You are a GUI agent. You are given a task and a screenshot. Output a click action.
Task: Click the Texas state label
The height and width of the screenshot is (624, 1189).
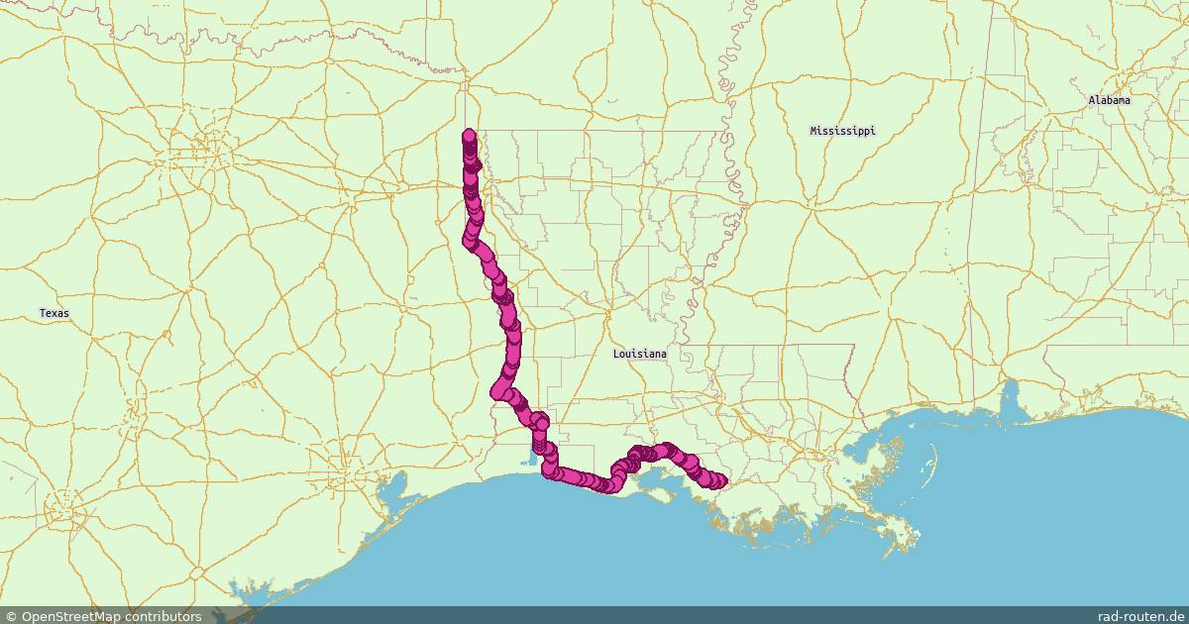54,313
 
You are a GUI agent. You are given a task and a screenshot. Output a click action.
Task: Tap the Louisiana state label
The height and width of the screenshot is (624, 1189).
639,354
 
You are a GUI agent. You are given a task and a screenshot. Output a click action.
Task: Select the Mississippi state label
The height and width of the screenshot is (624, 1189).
842,131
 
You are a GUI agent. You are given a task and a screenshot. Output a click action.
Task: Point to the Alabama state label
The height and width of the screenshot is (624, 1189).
1109,100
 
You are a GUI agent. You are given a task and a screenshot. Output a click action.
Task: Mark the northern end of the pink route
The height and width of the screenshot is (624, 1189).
469,136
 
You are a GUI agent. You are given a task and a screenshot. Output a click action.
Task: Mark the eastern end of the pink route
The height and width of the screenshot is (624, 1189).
720,481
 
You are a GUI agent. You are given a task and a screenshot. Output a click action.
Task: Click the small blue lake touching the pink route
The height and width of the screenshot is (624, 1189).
532,459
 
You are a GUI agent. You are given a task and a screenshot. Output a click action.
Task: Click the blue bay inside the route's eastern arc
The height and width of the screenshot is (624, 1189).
654,481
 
